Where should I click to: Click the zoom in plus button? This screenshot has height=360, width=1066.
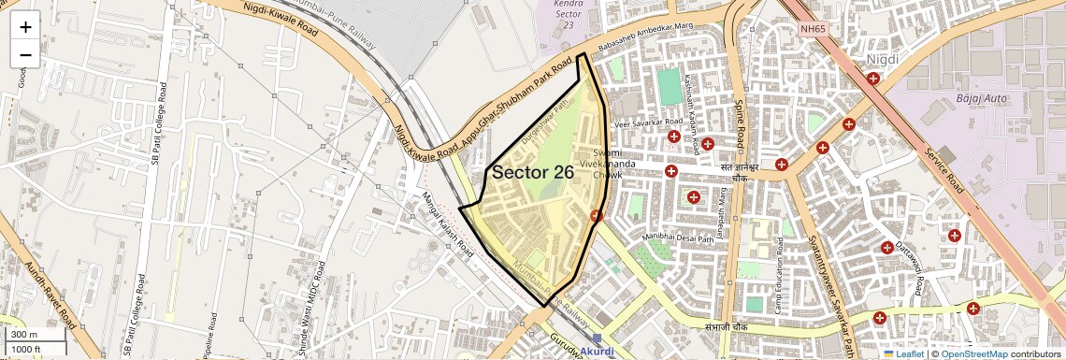coord(25,27)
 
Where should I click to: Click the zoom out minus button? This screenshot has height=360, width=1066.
coord(25,54)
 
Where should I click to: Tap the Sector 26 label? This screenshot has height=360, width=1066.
coord(532,173)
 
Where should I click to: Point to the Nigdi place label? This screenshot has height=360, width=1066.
coord(882,60)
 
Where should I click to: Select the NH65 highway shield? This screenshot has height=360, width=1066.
coord(813,29)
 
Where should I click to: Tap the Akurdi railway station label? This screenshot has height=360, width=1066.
coord(598,351)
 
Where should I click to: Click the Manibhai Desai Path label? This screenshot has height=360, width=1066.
coord(684,236)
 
